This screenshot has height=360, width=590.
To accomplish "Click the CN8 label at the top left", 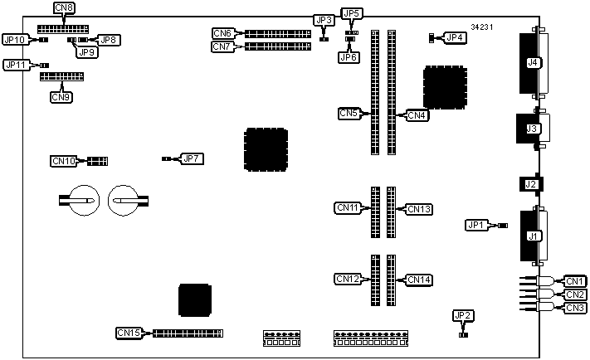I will click(63, 7).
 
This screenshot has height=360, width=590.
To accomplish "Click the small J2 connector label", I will click(530, 184).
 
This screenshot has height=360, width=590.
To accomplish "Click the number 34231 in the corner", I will click(482, 27).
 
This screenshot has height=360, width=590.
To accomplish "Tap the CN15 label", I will click(129, 333).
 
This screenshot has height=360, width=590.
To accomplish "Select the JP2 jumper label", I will click(463, 315).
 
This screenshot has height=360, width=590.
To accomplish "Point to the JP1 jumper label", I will click(475, 225).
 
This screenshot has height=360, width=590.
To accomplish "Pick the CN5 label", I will click(350, 113).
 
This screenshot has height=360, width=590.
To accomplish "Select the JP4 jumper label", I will click(454, 37).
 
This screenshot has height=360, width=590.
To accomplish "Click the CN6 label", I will click(222, 34).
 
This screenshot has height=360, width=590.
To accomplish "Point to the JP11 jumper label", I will click(16, 65).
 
